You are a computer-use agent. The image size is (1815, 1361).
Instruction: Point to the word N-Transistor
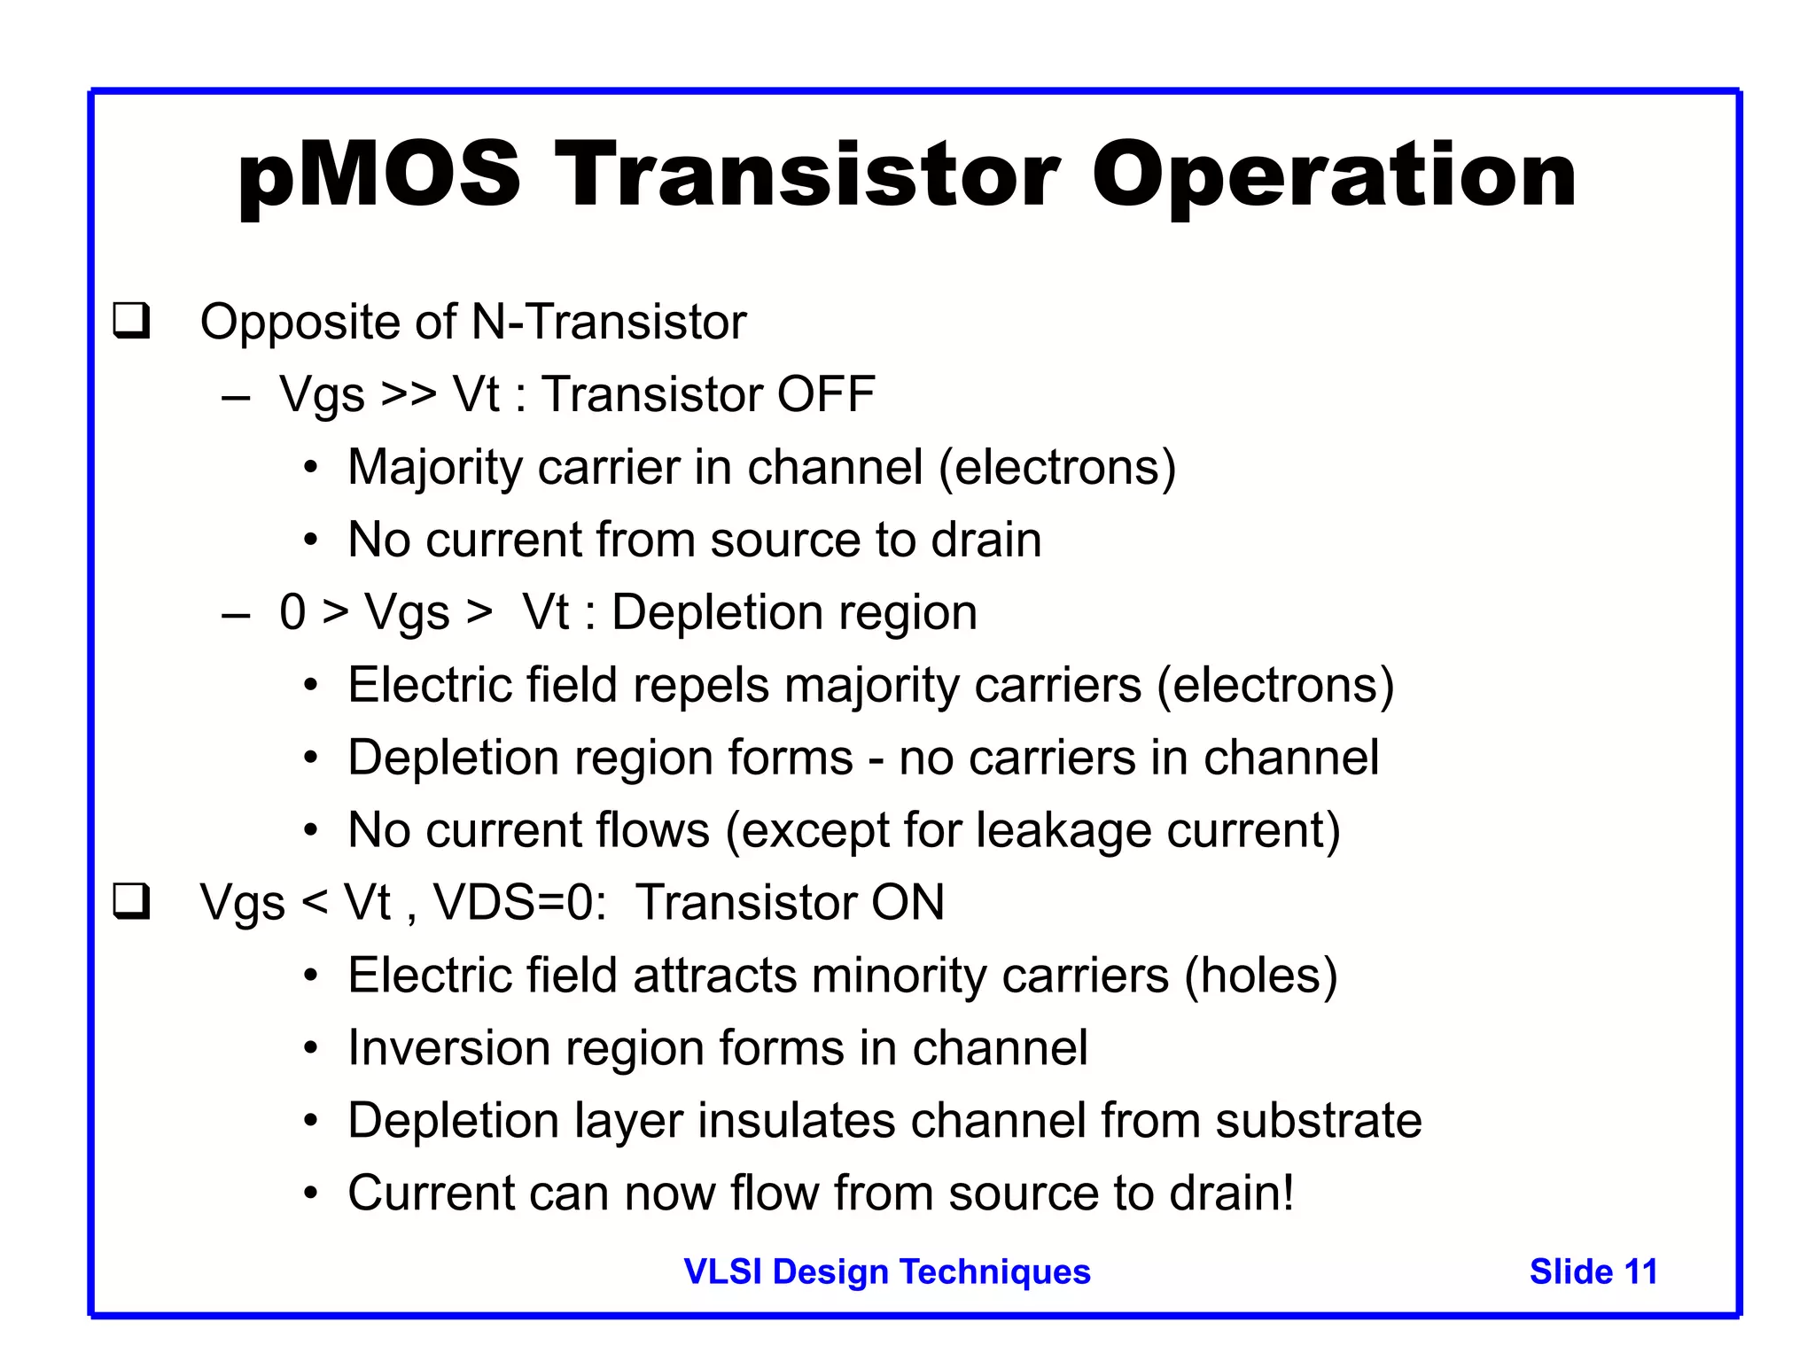click(x=609, y=322)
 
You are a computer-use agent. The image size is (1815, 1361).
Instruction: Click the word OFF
click(x=826, y=394)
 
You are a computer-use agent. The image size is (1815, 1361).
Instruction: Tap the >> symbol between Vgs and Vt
click(x=408, y=394)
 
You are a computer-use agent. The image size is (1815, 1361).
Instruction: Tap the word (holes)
click(x=1261, y=976)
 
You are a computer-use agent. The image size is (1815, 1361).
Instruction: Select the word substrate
click(x=1318, y=1121)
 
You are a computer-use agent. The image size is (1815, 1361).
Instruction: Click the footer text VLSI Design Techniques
click(x=887, y=1272)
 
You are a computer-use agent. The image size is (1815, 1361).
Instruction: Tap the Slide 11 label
click(x=1593, y=1272)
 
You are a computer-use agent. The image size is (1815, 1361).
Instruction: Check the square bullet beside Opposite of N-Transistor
click(x=131, y=321)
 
